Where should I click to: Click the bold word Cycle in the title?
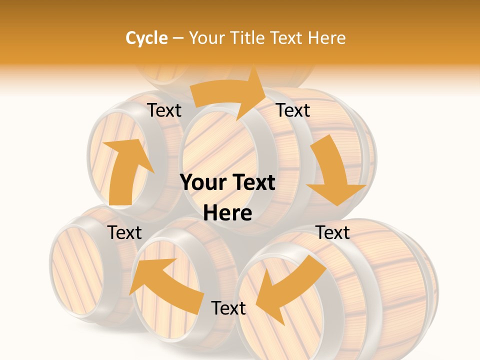click(x=146, y=38)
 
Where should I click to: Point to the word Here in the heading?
click(x=326, y=38)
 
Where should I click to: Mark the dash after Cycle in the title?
click(x=178, y=38)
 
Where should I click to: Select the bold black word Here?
click(x=227, y=213)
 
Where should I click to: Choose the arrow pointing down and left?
click(x=292, y=285)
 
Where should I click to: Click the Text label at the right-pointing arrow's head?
click(x=293, y=110)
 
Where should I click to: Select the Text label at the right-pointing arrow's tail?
click(x=164, y=110)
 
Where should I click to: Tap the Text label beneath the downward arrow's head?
click(x=332, y=232)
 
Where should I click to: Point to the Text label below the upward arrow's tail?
click(x=124, y=232)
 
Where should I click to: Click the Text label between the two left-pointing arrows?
click(x=228, y=308)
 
